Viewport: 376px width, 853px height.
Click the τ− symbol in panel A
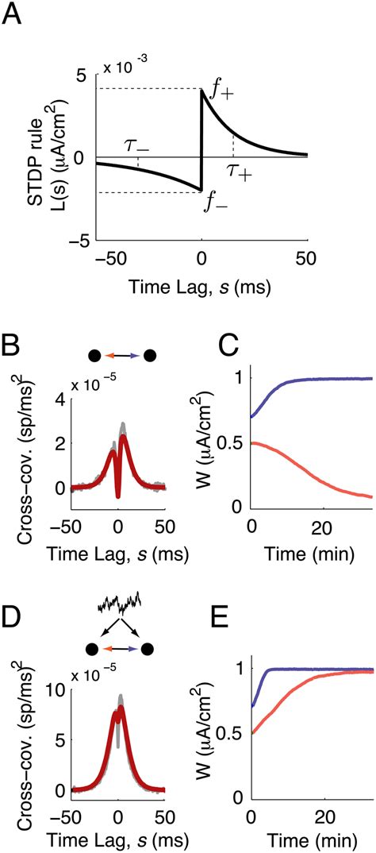coord(136,144)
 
